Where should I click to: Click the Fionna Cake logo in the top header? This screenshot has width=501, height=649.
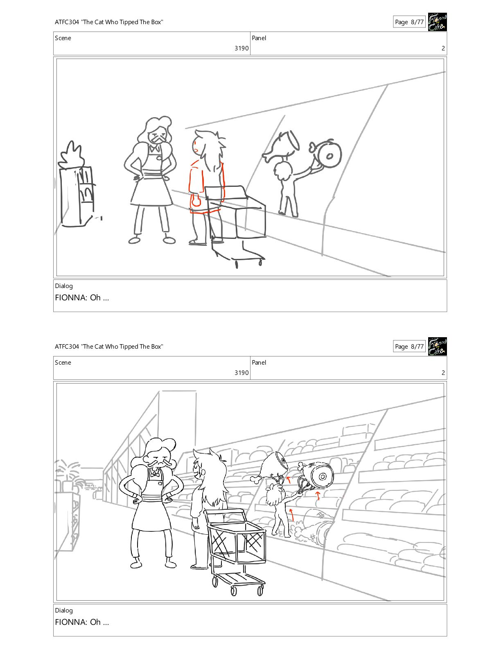tap(437, 22)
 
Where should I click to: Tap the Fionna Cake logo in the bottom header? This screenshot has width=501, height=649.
tap(437, 347)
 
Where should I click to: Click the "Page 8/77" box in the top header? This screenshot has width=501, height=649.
tap(409, 22)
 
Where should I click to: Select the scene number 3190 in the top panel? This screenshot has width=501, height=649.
tap(241, 48)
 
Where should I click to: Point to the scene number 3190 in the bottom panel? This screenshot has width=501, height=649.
tap(241, 372)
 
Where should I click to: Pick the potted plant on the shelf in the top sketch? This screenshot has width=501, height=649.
tap(71, 155)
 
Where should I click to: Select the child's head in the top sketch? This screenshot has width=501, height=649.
tap(283, 171)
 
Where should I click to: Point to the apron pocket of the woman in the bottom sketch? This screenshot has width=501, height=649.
tap(160, 483)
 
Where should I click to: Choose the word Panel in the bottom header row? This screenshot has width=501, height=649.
tap(259, 362)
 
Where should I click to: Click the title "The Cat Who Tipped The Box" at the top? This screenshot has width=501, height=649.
tap(122, 22)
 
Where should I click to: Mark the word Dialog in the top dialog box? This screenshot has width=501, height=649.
tap(63, 286)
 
